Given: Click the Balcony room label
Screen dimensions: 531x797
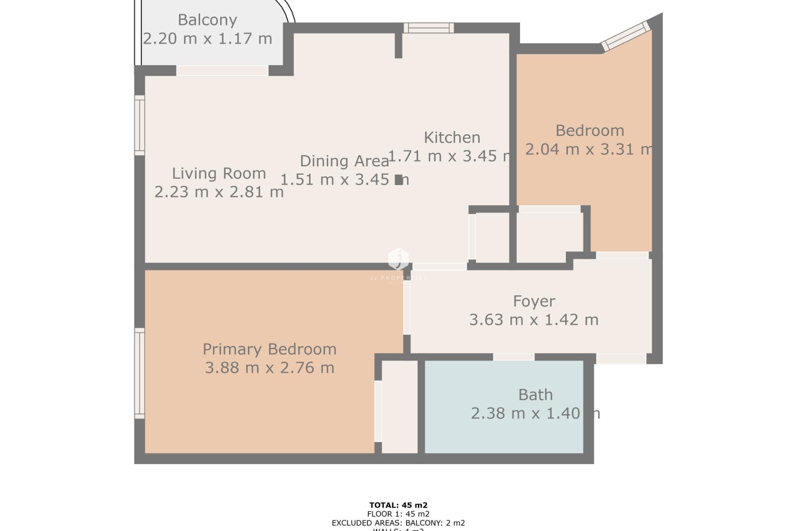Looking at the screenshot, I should [207, 20].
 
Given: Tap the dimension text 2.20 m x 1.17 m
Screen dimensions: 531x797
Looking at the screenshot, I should [207, 39].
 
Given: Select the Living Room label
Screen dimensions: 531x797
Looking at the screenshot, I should [219, 173].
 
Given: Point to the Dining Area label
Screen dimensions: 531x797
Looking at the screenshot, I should [344, 161].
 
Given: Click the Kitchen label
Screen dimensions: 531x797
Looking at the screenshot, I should [452, 137].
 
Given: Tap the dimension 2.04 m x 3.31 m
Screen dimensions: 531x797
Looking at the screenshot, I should [589, 149].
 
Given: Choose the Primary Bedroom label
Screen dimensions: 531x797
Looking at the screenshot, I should [269, 349].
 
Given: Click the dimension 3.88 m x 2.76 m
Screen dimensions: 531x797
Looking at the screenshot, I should [269, 368].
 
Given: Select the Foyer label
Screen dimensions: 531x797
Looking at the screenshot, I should [534, 301].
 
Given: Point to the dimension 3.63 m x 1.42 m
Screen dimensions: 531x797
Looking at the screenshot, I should [534, 320].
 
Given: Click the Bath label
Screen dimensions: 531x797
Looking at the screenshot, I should [535, 395].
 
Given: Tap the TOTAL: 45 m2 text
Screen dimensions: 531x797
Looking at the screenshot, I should [398, 505].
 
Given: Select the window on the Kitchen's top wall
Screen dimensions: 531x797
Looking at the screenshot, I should [429, 28].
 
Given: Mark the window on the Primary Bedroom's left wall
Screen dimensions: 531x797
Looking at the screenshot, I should [139, 373].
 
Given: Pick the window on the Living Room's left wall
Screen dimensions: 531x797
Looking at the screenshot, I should [139, 125].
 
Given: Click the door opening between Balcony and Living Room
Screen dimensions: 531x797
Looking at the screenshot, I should [222, 71].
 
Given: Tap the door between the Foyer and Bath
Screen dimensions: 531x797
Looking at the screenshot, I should [513, 357].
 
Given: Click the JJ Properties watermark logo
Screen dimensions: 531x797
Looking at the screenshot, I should [398, 260].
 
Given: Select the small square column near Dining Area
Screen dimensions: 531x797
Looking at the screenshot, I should [398, 180].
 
